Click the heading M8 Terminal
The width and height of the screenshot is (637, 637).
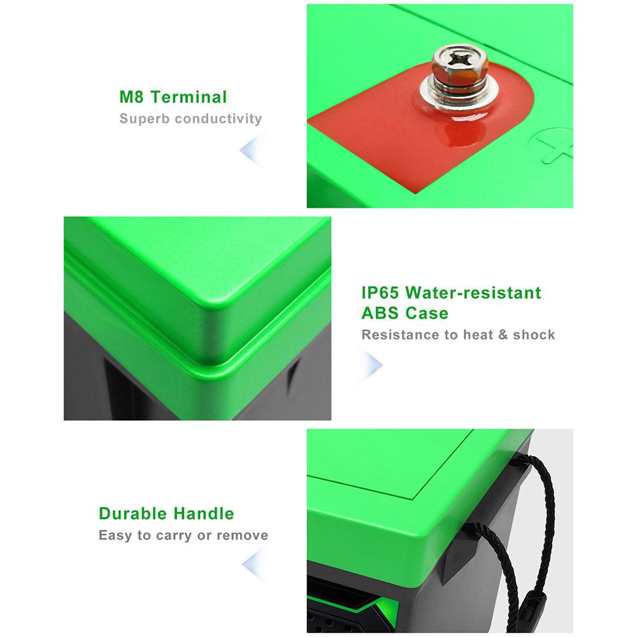coord(173,97)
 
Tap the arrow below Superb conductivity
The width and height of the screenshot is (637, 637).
coord(252,150)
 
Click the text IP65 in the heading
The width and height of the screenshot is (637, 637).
coord(380,292)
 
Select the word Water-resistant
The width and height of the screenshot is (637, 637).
coord(473,292)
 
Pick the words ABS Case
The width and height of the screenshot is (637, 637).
coord(405,313)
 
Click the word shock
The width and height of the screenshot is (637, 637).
coord(534,335)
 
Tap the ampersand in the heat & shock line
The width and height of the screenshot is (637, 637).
coord(503,335)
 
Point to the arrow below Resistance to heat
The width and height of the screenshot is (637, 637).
coord(370,365)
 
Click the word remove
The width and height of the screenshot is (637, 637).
coord(243,536)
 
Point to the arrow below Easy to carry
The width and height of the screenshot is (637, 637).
coord(255,564)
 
